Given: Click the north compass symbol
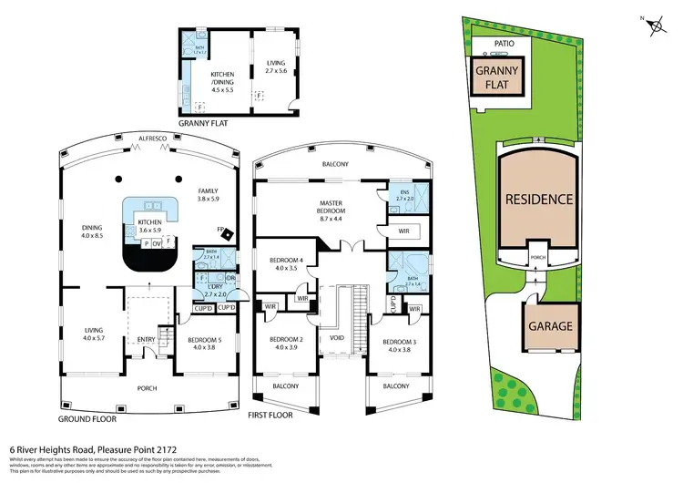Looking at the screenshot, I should click(654, 26).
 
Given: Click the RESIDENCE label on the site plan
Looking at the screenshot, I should click(539, 199).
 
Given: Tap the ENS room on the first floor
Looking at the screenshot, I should click(403, 196).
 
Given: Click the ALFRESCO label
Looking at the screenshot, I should click(150, 138).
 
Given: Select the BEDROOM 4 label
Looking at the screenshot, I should click(284, 265).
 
